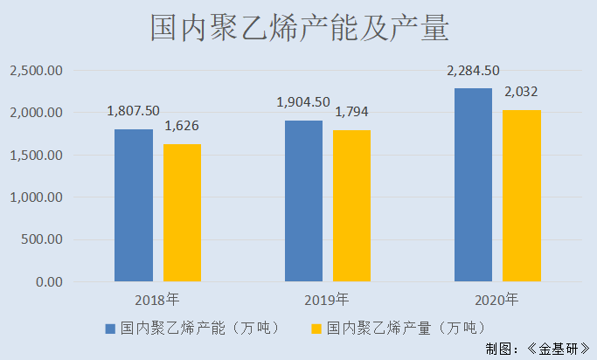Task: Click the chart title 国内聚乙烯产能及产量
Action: pyautogui.click(x=299, y=29)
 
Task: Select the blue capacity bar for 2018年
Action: pyautogui.click(x=134, y=205)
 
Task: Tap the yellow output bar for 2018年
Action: pyautogui.click(x=182, y=213)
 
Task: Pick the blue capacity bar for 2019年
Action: pyautogui.click(x=303, y=201)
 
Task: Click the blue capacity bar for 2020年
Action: pyautogui.click(x=473, y=185)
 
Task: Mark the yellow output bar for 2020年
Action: pyautogui.click(x=521, y=196)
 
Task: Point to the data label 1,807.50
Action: pyautogui.click(x=133, y=111)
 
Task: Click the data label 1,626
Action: pyautogui.click(x=182, y=126)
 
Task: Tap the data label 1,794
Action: pyautogui.click(x=351, y=112)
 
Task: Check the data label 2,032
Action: pyautogui.click(x=521, y=92)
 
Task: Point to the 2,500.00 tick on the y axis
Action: pyautogui.click(x=36, y=71)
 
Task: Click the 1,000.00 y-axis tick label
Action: pyautogui.click(x=36, y=197)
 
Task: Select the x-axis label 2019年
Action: pyautogui.click(x=327, y=300)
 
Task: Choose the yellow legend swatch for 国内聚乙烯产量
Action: pyautogui.click(x=316, y=329)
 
